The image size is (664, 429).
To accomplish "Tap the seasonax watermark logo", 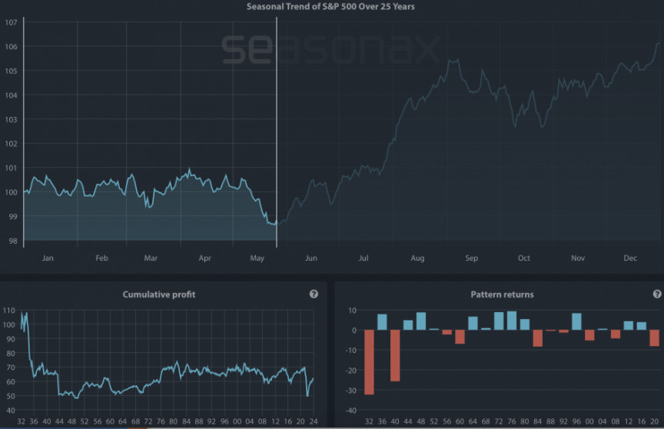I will (x=330, y=49).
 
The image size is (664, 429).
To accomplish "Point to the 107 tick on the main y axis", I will (x=11, y=22).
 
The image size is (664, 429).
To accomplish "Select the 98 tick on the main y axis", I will (x=11, y=241).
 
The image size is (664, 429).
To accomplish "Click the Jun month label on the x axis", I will (x=310, y=258).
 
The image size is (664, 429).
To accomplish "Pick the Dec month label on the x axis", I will (x=630, y=258).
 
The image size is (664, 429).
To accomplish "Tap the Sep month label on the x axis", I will (x=471, y=258).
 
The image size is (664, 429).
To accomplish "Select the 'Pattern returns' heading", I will (x=502, y=294).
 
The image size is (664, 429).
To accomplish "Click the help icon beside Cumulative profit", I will (x=314, y=294).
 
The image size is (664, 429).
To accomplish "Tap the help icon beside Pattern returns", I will (x=657, y=294).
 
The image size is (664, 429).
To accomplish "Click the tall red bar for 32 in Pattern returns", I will (x=369, y=362).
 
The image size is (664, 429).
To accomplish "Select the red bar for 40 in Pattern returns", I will (x=395, y=355).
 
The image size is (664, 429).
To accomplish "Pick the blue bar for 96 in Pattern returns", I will (x=576, y=321).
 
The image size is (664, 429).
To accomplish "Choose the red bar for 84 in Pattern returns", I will (x=537, y=338).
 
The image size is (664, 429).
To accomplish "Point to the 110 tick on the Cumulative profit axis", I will (x=9, y=311).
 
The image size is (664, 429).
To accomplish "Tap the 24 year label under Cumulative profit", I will (x=313, y=421).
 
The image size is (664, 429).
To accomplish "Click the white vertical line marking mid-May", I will (x=276, y=131).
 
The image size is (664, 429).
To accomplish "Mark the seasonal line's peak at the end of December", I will (x=658, y=44).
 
